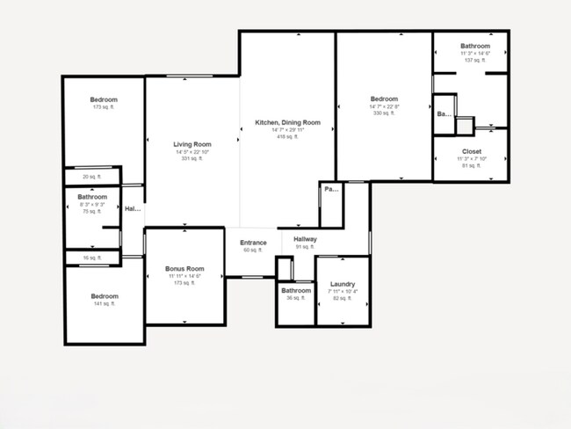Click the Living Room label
(x=192, y=144)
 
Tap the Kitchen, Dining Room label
(x=287, y=122)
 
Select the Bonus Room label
(x=184, y=268)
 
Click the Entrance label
(x=253, y=243)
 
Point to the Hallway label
(x=305, y=239)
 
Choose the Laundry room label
(x=342, y=284)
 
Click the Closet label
(x=471, y=151)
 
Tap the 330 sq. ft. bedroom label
(x=384, y=99)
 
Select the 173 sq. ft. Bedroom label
(x=104, y=100)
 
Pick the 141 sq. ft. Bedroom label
(x=104, y=296)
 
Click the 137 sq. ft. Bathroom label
(x=474, y=46)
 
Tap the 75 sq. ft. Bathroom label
(x=91, y=197)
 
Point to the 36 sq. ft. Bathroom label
(x=296, y=290)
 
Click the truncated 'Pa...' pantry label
(x=330, y=189)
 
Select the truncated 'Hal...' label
(x=133, y=209)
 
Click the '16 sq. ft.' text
(x=91, y=258)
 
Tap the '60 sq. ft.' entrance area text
(x=253, y=251)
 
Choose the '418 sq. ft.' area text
(x=287, y=137)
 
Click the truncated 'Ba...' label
(x=444, y=114)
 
